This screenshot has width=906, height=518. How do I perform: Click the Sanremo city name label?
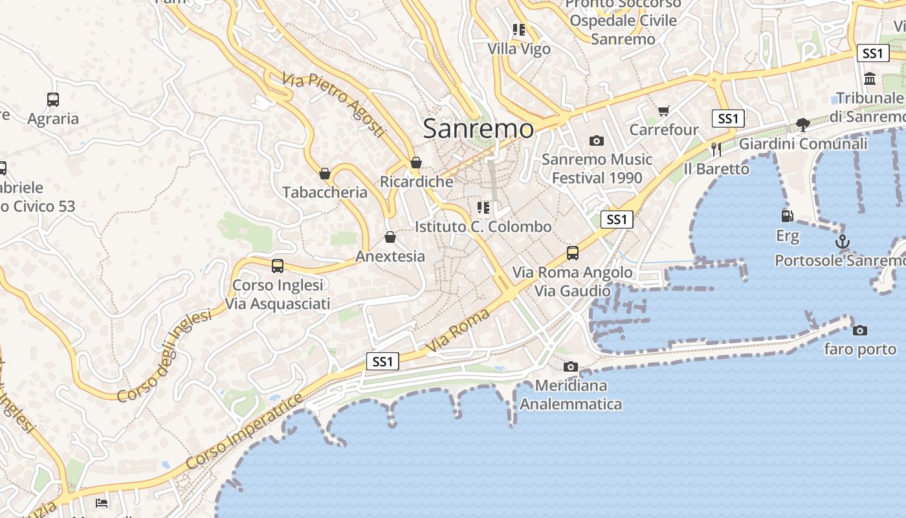pyautogui.click(x=478, y=128)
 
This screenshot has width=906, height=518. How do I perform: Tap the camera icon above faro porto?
pyautogui.click(x=859, y=331)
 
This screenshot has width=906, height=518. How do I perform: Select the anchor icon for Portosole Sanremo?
pyautogui.click(x=842, y=242)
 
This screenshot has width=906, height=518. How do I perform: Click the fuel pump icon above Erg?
pyautogui.click(x=787, y=216)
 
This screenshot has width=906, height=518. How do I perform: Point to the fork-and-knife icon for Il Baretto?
pyautogui.click(x=716, y=150)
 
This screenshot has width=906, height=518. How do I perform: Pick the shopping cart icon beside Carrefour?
pyautogui.click(x=663, y=111)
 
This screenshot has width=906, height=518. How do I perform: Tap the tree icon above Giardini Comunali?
pyautogui.click(x=802, y=124)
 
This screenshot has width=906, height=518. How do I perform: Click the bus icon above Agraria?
pyautogui.click(x=53, y=100)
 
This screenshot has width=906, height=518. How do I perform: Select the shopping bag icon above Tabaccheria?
pyautogui.click(x=325, y=174)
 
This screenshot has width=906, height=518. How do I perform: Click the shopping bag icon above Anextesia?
pyautogui.click(x=390, y=238)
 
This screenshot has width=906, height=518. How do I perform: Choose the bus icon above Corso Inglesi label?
pyautogui.click(x=278, y=265)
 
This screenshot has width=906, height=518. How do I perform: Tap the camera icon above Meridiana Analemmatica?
pyautogui.click(x=570, y=367)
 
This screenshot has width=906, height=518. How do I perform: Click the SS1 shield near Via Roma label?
pyautogui.click(x=382, y=361)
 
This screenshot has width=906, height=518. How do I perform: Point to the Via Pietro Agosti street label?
pyautogui.click(x=334, y=105)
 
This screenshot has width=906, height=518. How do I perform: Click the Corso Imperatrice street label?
pyautogui.click(x=244, y=431)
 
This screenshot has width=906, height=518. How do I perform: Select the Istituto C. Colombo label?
pyautogui.click(x=483, y=227)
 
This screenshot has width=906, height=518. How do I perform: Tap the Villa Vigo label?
pyautogui.click(x=519, y=49)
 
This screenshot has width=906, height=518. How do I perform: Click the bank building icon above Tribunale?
pyautogui.click(x=870, y=79)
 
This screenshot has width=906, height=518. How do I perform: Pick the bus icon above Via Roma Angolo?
pyautogui.click(x=572, y=253)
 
